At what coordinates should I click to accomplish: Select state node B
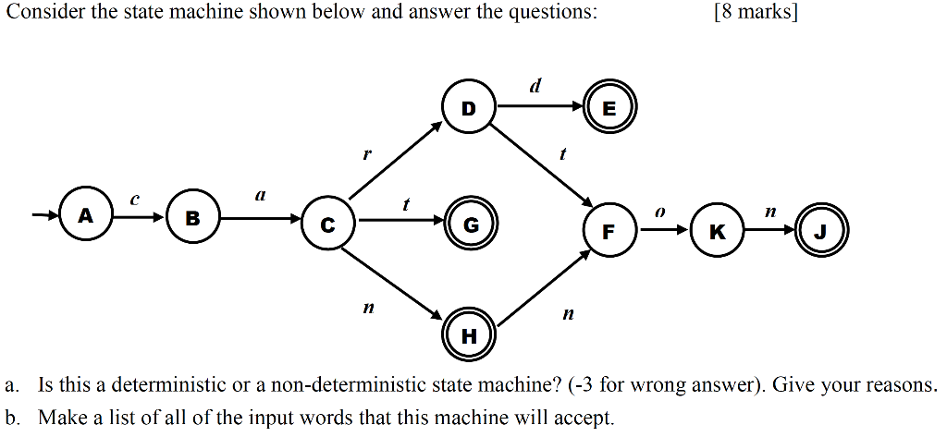(192, 219)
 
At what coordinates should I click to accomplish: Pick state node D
(469, 107)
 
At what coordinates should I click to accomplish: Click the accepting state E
(609, 108)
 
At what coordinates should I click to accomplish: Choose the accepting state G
(470, 223)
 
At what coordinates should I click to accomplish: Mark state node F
(609, 231)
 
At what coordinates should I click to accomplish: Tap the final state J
(820, 231)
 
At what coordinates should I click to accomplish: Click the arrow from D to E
(540, 107)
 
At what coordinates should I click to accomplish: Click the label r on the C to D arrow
(365, 155)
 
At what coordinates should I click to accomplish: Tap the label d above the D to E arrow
(535, 86)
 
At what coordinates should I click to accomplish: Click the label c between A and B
(135, 198)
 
